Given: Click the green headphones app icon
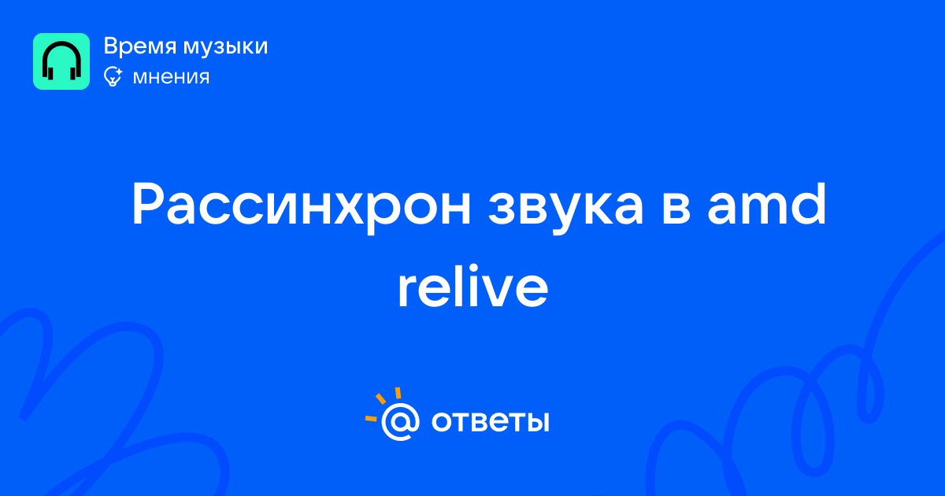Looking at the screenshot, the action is tap(61, 61).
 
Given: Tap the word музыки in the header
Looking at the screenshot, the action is tap(226, 47).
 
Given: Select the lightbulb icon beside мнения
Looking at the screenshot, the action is tap(113, 76).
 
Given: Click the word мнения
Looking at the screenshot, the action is tap(171, 77).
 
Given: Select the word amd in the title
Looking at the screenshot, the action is tap(766, 204).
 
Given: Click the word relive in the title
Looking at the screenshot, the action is tap(473, 286).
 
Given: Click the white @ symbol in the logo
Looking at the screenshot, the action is tap(400, 421).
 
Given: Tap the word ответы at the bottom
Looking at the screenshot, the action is tap(490, 421).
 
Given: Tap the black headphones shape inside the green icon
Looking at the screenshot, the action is tap(61, 61).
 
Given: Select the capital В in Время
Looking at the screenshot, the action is tap(111, 46).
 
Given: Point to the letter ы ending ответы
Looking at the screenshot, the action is tap(537, 421).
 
